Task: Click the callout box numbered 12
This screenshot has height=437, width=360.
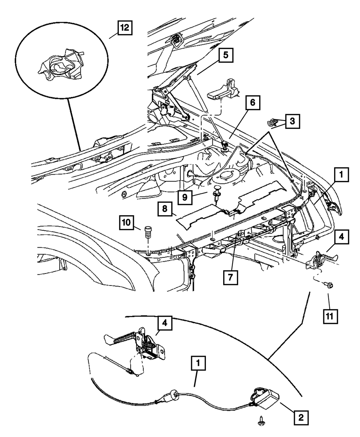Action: (125, 28)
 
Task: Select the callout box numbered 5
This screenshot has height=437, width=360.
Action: (226, 55)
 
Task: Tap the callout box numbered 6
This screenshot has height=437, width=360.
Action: (253, 103)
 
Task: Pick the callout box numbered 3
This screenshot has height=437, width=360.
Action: (292, 121)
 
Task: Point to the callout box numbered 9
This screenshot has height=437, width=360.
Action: (185, 197)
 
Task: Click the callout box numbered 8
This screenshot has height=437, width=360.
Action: (165, 209)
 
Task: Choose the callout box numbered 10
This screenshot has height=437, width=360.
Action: (127, 223)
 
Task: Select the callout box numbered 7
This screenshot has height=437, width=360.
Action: (230, 278)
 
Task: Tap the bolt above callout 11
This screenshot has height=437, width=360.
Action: (328, 285)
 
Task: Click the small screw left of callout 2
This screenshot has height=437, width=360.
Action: (260, 421)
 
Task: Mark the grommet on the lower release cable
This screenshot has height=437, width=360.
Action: (172, 394)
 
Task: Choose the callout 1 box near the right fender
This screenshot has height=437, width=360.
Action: (341, 175)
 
